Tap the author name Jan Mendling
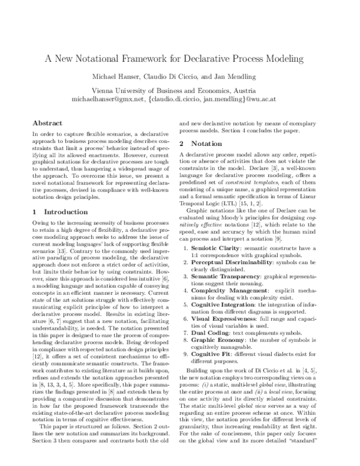point(247,77)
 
